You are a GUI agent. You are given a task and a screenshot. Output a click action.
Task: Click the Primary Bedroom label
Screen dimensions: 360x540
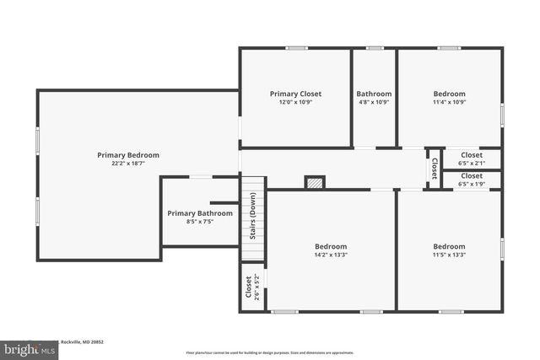pyautogui.click(x=127, y=155)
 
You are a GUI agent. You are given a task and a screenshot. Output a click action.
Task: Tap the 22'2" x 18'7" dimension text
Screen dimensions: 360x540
pyautogui.click(x=127, y=164)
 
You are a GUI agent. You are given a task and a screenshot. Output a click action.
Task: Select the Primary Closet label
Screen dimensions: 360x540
pyautogui.click(x=295, y=94)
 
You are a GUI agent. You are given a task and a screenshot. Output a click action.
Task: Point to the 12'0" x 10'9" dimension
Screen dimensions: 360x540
pyautogui.click(x=295, y=102)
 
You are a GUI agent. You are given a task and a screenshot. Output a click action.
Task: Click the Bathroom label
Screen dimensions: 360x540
pyautogui.click(x=374, y=94)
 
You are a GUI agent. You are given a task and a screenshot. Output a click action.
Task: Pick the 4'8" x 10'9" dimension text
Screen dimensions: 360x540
pyautogui.click(x=374, y=102)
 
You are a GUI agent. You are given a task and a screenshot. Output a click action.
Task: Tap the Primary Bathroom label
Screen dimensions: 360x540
pyautogui.click(x=199, y=213)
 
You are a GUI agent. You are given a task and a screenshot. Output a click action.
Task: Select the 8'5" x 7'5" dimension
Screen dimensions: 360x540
pyautogui.click(x=199, y=222)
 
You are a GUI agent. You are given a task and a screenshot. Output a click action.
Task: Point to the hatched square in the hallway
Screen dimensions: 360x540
pyautogui.click(x=314, y=181)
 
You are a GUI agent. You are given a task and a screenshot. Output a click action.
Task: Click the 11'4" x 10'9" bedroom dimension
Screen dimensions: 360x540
pyautogui.click(x=449, y=102)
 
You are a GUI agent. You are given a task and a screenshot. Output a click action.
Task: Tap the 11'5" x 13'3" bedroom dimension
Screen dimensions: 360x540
pyautogui.click(x=449, y=255)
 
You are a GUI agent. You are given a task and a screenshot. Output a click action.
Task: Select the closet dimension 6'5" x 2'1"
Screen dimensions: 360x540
pyautogui.click(x=471, y=163)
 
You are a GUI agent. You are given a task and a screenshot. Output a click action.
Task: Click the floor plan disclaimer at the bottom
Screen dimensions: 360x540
pyautogui.click(x=270, y=352)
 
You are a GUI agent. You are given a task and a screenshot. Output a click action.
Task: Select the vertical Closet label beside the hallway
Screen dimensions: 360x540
pyautogui.click(x=435, y=169)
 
